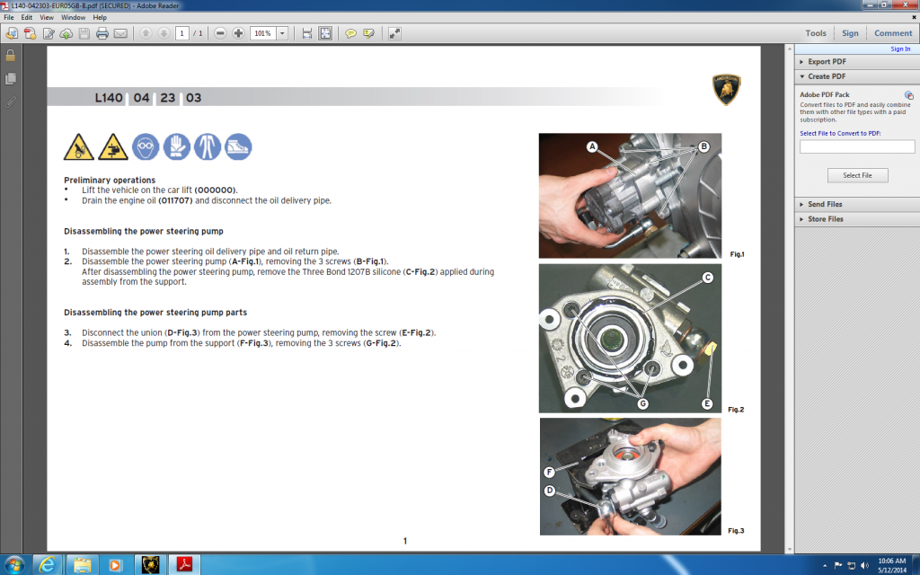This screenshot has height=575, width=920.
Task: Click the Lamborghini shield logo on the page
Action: (x=726, y=89)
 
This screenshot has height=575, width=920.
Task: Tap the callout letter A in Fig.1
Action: (x=592, y=146)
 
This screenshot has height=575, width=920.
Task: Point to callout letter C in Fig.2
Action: (x=708, y=278)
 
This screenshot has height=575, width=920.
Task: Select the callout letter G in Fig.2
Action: (x=642, y=403)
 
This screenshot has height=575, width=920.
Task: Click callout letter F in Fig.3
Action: (x=549, y=472)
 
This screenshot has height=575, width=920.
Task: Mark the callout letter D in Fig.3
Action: (x=549, y=491)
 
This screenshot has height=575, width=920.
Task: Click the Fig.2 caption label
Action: (x=736, y=410)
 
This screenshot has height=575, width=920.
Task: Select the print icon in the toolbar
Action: (x=102, y=33)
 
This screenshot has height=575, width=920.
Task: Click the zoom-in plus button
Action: (x=238, y=33)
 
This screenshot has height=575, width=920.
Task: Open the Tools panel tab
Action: (x=816, y=33)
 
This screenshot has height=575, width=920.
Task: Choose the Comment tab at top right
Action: (x=893, y=33)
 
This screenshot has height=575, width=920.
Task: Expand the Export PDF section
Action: (x=827, y=62)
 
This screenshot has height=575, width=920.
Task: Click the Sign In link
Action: (x=900, y=49)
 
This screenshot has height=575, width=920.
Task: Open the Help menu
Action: (x=100, y=18)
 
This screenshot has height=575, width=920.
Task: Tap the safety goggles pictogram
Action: (x=146, y=146)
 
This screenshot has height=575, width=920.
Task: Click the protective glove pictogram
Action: (x=177, y=146)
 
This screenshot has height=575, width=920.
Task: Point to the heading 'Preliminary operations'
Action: (x=110, y=180)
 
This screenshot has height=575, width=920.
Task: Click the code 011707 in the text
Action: (x=175, y=200)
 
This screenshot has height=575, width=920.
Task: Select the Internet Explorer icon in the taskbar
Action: (x=47, y=565)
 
